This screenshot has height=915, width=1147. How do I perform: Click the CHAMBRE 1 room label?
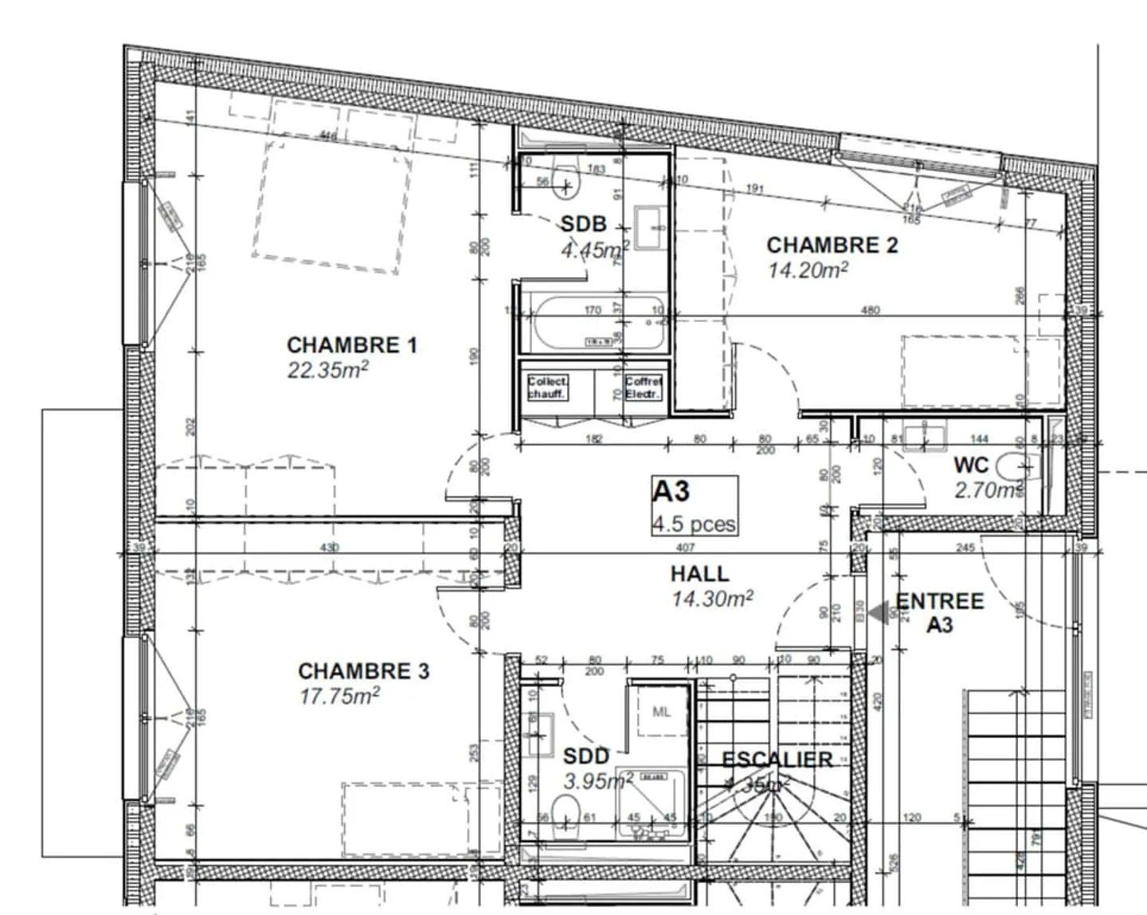pos(351,345)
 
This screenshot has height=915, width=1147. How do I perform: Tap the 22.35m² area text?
pos(327,370)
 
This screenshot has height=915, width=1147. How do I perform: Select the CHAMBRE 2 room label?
pos(832,245)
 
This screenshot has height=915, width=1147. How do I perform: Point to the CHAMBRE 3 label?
pos(363,671)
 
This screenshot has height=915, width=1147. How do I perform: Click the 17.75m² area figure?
pos(339,696)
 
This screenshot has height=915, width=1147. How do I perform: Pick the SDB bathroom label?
pos(583,224)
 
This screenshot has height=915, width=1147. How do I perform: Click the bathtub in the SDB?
pos(593,324)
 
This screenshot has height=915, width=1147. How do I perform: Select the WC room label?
pos(971,465)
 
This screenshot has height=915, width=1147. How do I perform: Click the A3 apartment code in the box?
pos(671,492)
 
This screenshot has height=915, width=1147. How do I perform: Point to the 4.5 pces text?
pos(694,524)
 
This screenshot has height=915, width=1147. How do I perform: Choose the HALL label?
pos(699,573)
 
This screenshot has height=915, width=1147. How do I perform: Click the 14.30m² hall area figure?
pos(712,599)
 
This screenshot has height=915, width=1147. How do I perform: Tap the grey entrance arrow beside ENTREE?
pos(881,613)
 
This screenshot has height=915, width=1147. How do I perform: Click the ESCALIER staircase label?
pos(777,759)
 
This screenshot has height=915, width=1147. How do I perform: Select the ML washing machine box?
pos(661,712)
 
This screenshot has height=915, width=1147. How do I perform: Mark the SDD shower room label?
pos(585,756)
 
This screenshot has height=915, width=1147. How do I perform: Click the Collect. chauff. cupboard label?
pos(547,388)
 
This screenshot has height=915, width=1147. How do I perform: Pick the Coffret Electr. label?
pos(643,388)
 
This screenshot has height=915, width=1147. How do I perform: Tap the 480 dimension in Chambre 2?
pos(870,310)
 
